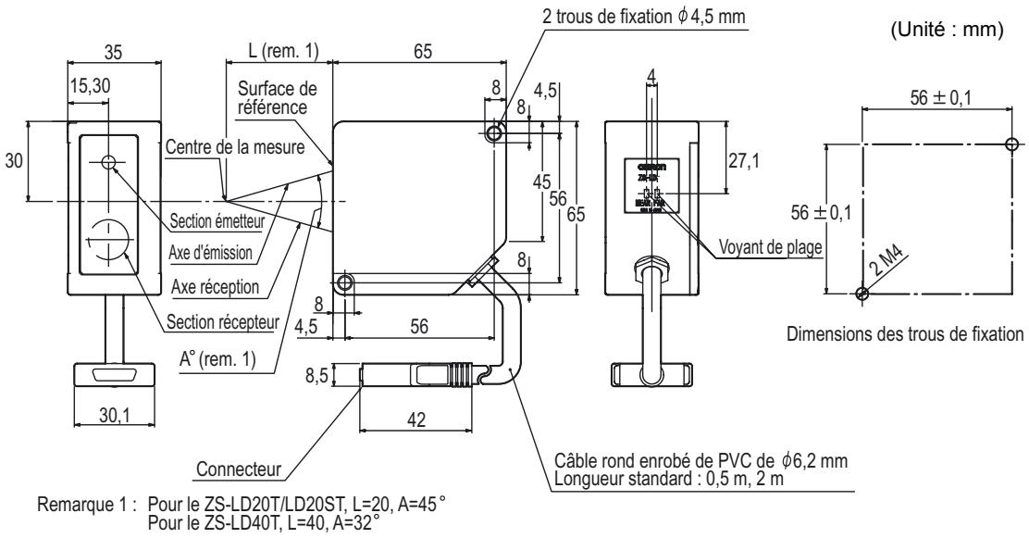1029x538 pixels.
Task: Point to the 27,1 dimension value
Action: click(743, 160)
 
